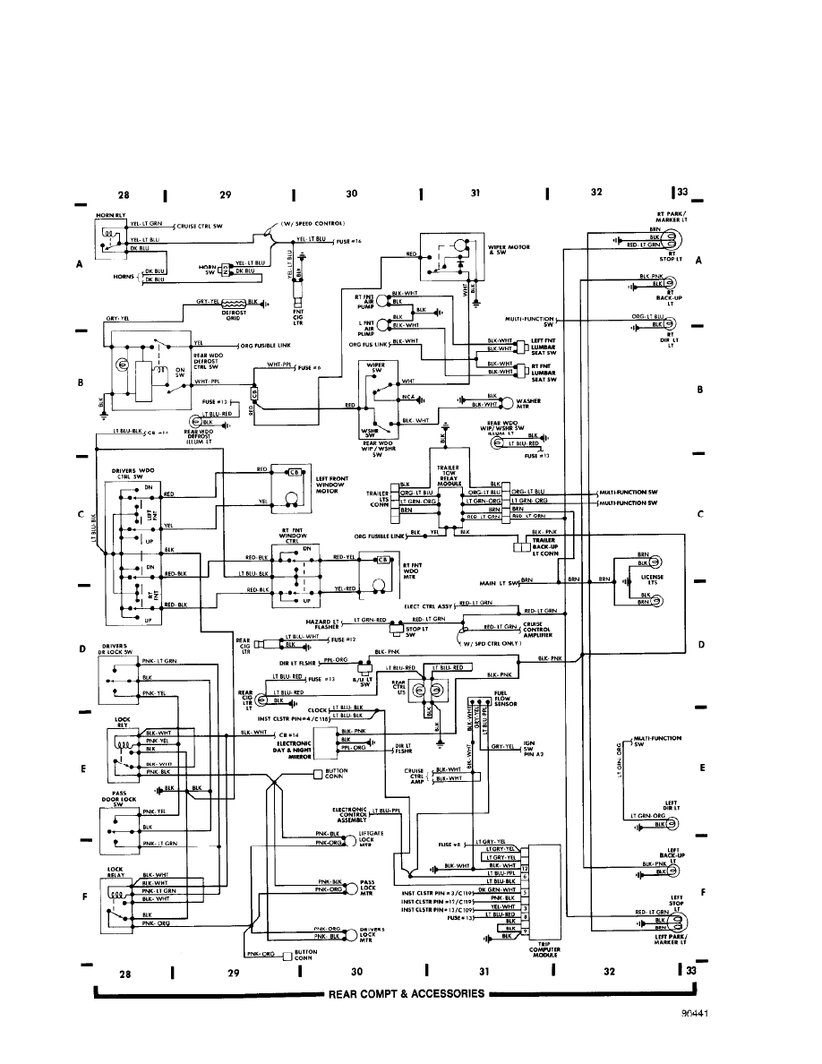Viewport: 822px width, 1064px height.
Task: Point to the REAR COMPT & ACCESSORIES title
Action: [407, 994]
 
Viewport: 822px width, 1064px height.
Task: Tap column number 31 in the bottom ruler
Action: [484, 972]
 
